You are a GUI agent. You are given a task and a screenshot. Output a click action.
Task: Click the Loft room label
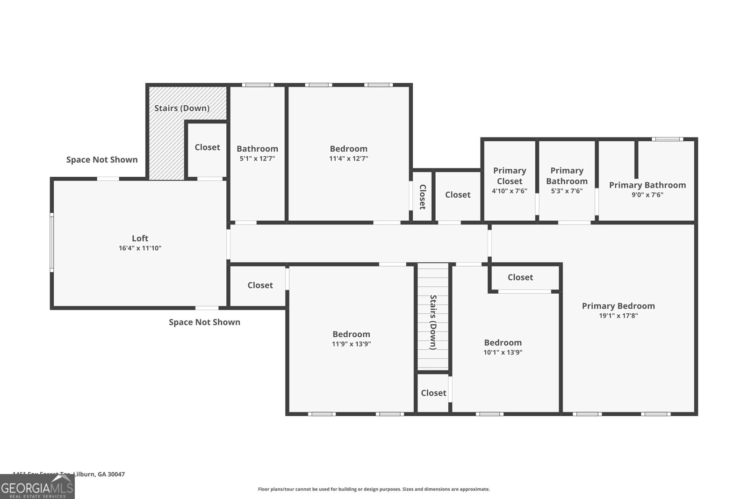140,239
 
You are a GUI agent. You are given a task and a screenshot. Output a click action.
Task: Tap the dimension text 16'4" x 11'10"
140,248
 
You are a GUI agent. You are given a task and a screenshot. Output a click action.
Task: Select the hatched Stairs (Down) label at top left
182,108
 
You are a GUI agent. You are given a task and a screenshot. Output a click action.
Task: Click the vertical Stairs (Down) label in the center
433,322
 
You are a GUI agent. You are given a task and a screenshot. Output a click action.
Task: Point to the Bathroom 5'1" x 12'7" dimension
257,159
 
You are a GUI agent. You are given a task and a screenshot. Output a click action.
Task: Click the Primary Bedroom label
618,306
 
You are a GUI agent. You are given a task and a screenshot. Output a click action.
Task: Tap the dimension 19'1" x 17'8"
618,316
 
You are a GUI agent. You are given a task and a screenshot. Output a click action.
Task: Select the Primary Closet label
509,176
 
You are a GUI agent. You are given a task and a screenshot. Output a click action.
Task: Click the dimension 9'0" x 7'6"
647,195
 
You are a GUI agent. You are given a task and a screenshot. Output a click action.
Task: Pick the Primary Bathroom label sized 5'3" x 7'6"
567,176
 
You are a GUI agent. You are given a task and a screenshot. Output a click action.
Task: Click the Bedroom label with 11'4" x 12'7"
348,149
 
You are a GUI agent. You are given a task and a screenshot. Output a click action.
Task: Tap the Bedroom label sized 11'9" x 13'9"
351,334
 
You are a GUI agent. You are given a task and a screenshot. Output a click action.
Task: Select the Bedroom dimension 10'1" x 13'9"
503,353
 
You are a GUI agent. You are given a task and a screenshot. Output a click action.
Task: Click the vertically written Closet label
422,196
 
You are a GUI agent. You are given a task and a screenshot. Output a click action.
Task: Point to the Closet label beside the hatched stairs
207,147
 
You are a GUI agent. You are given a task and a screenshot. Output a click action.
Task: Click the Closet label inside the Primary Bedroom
520,277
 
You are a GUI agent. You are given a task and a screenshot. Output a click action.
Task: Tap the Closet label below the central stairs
433,393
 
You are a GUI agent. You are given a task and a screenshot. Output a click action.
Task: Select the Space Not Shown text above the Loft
102,159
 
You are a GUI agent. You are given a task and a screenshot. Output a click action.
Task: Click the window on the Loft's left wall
52,242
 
